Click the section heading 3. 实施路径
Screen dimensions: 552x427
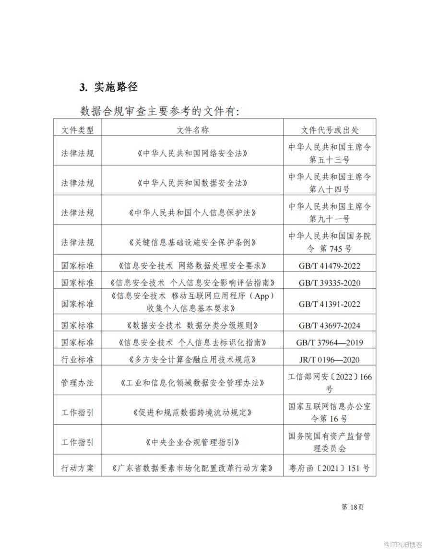(x=108, y=87)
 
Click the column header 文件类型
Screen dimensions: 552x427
(x=77, y=129)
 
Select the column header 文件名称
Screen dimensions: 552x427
(x=192, y=129)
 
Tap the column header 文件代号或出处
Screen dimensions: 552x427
(x=330, y=129)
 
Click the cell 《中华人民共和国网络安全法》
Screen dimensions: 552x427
(x=192, y=153)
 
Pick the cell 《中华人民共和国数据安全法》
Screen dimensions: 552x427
(x=192, y=183)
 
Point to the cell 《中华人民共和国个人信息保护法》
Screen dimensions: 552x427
(x=192, y=212)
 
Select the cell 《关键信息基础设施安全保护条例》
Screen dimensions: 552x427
(x=192, y=242)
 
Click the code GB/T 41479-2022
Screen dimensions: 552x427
(x=330, y=266)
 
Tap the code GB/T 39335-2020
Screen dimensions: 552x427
(x=330, y=283)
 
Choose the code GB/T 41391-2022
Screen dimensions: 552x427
(x=330, y=304)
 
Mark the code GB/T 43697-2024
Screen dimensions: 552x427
(x=330, y=326)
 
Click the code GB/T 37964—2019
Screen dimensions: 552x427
(x=331, y=342)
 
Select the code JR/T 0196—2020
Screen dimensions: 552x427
(x=330, y=360)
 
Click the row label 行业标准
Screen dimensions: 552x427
(x=77, y=360)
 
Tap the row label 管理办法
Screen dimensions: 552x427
(x=77, y=383)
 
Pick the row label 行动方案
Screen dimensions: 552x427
(x=77, y=468)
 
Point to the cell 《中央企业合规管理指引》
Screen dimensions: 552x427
(x=192, y=442)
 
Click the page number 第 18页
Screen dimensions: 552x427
(x=352, y=507)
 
